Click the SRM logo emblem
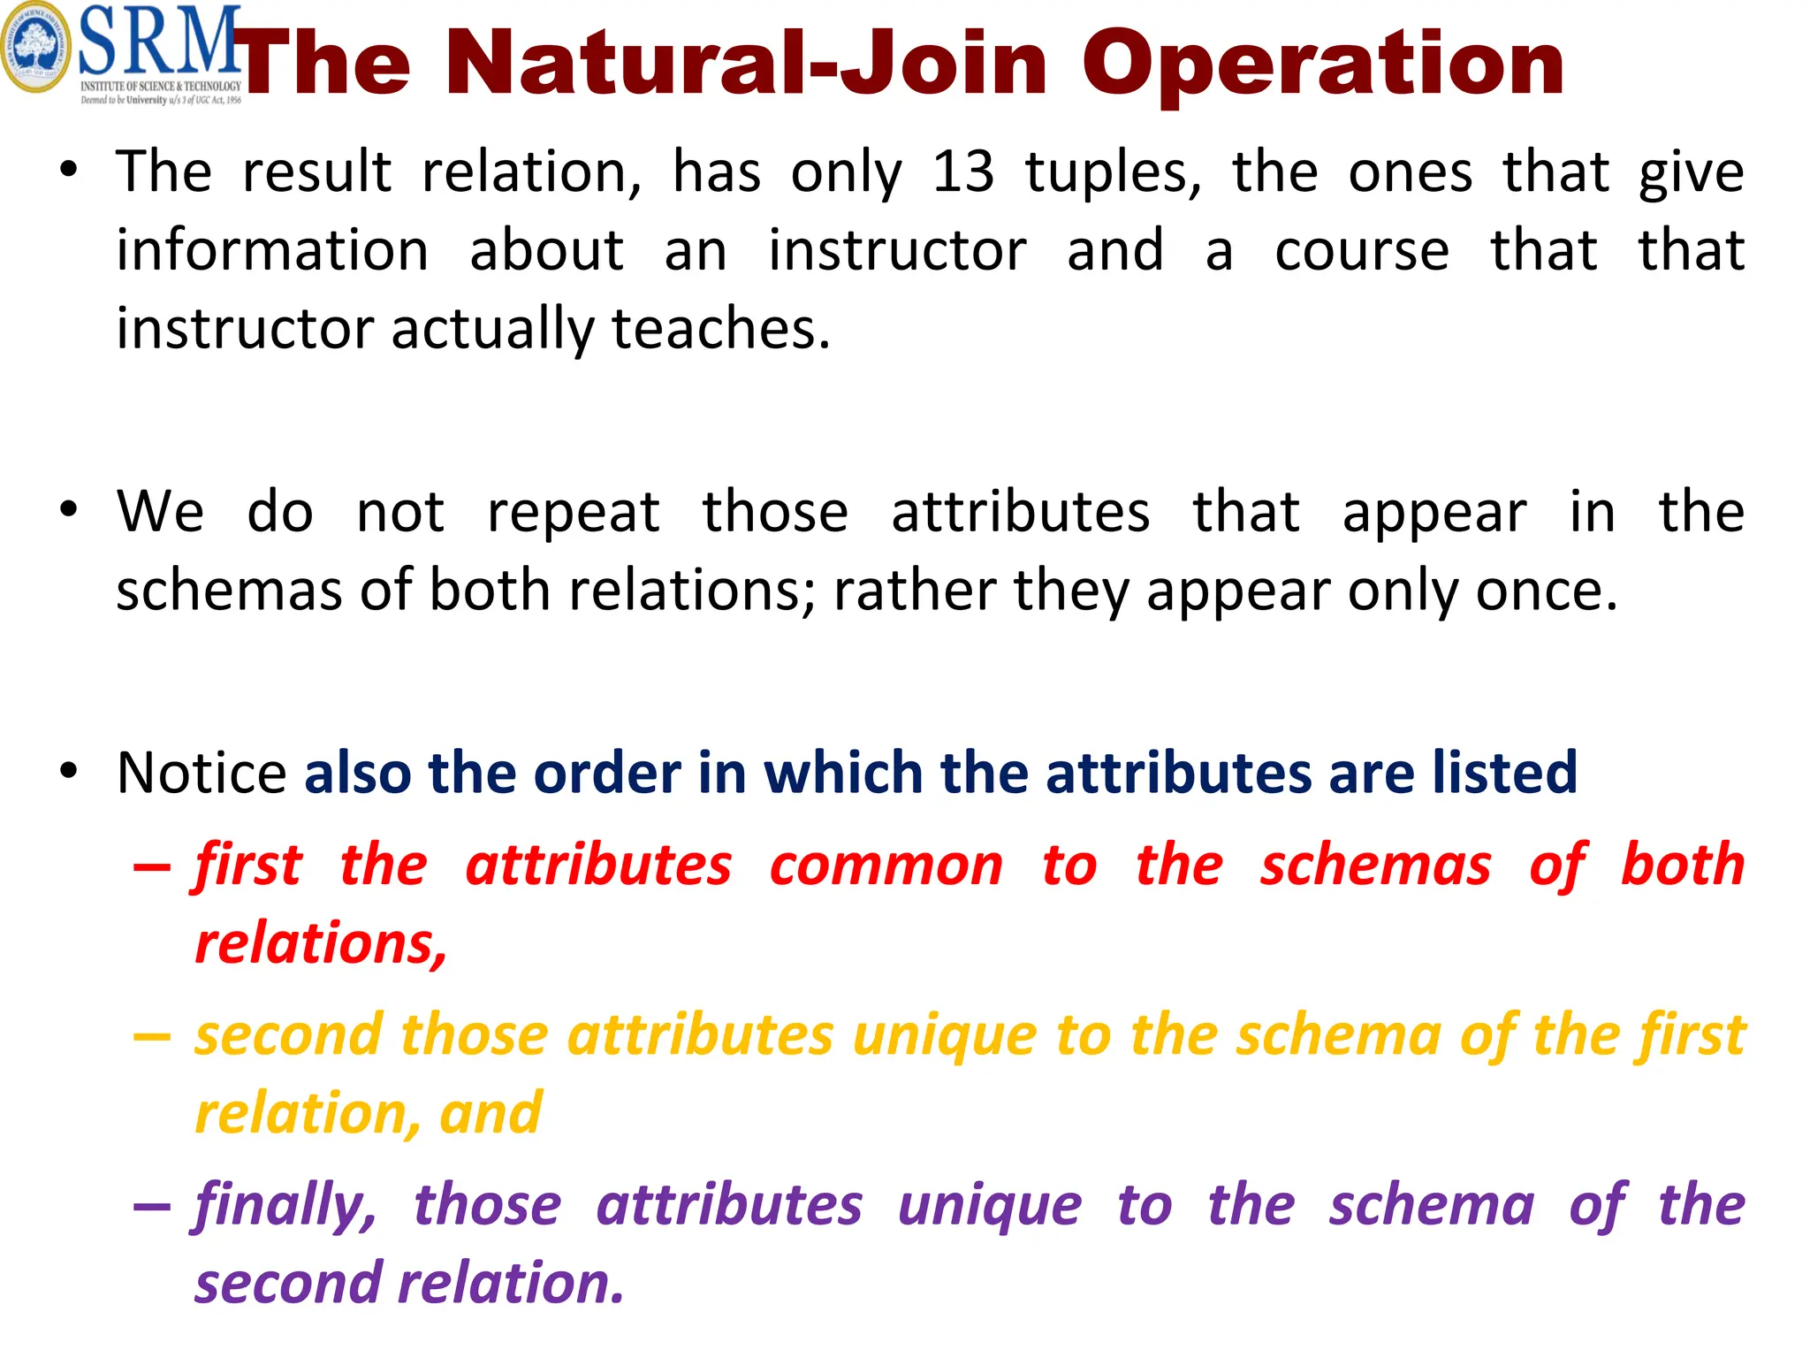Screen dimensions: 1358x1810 (35, 49)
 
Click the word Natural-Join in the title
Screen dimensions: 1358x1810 (747, 64)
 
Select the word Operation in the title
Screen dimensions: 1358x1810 (1323, 64)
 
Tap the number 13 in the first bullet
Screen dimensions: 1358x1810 (962, 172)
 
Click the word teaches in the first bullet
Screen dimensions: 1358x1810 (720, 329)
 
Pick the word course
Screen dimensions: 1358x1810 (1361, 250)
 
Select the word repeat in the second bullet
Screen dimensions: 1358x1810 (573, 512)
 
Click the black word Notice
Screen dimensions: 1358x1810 (202, 773)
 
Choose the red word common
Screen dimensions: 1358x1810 (886, 865)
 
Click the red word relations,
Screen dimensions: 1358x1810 (321, 943)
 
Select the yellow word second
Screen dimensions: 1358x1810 (288, 1035)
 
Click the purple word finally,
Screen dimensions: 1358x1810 (285, 1205)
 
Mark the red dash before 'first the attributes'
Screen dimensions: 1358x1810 (151, 866)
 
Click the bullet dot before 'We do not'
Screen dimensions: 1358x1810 (69, 510)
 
